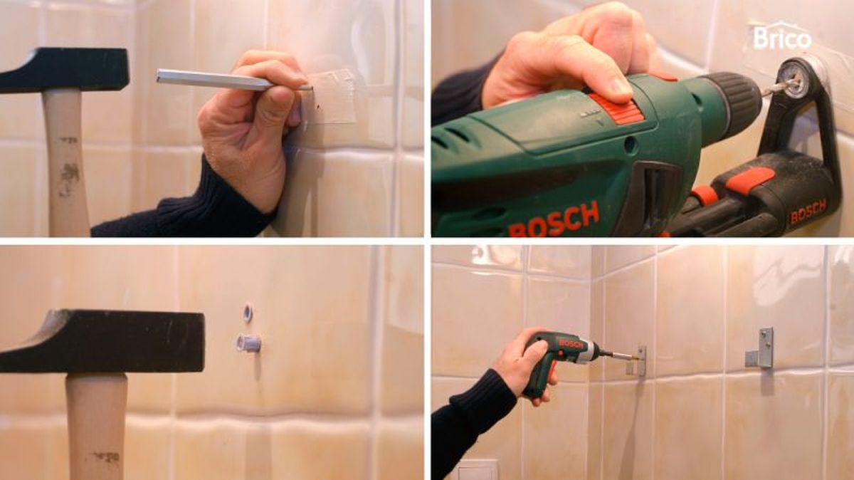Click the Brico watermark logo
pyautogui.click(x=781, y=38)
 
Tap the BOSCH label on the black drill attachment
pyautogui.click(x=808, y=212)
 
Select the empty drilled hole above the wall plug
pyautogui.click(x=248, y=313)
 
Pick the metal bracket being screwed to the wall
pyautogui.click(x=638, y=360)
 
